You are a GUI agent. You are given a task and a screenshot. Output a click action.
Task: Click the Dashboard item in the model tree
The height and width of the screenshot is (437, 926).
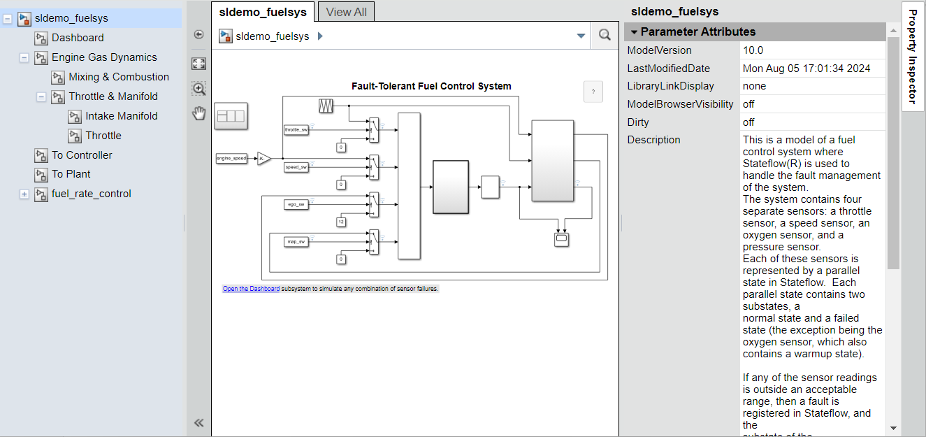tap(77, 38)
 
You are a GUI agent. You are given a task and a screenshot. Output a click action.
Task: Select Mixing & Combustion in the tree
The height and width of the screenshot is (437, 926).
tap(118, 77)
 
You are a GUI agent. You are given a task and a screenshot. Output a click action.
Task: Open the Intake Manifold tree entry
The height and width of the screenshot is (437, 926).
tap(121, 116)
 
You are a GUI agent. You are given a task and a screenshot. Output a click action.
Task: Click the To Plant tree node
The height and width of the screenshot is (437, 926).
tap(71, 174)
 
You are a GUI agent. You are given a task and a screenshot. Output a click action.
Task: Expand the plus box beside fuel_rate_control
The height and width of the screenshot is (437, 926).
tap(24, 194)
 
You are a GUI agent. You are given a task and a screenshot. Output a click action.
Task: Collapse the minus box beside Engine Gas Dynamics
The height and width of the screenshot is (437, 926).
tap(24, 57)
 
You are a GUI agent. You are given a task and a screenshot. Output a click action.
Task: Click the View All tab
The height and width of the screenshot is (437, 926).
tap(347, 12)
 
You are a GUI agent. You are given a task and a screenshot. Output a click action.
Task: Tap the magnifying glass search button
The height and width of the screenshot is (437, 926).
tap(605, 36)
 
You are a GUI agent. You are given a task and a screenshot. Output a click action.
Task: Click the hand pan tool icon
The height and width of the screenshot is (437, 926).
tap(199, 113)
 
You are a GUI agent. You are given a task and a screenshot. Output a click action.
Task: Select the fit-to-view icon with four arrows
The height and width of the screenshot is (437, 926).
tap(199, 64)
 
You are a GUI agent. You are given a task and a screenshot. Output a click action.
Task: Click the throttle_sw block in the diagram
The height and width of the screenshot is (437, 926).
tap(296, 130)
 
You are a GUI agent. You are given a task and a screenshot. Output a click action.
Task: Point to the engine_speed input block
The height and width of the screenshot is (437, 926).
tap(231, 159)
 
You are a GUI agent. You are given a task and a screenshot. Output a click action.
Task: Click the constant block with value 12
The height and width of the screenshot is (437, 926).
tap(341, 222)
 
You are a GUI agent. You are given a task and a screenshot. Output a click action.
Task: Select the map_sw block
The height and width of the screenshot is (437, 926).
tap(296, 242)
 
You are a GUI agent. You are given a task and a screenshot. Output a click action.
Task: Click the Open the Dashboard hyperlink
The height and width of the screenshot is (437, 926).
tap(251, 289)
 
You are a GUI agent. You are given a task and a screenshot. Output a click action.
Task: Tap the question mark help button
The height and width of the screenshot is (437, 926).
tap(593, 92)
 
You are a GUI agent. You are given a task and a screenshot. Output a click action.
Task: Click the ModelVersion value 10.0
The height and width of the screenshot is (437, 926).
tap(753, 50)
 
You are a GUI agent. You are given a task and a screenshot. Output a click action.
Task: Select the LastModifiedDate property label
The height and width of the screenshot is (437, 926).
tap(668, 69)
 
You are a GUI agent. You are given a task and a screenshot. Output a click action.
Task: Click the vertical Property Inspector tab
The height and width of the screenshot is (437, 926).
tap(913, 56)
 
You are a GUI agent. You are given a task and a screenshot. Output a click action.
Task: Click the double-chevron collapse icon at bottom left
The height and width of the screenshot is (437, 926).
tap(198, 422)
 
